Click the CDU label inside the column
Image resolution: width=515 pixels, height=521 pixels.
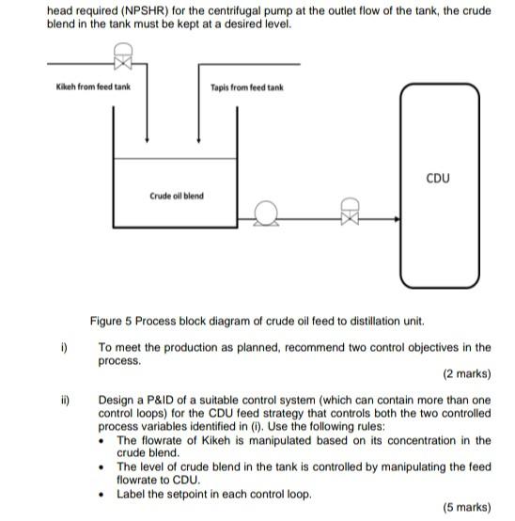coord(438,178)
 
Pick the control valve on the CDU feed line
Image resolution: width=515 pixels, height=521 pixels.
coord(349,213)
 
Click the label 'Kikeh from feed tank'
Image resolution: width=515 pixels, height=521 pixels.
coord(91,87)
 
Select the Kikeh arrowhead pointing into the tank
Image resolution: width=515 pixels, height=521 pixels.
coord(146,135)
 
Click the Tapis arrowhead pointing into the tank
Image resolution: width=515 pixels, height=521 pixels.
coord(199,135)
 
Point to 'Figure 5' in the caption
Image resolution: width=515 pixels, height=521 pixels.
coord(110,322)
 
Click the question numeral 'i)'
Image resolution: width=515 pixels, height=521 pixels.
coord(63,348)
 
